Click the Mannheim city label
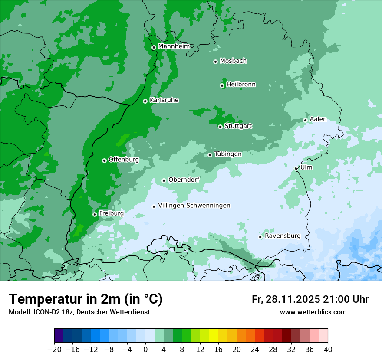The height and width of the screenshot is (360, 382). (174, 46)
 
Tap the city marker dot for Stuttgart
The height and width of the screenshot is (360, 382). (221, 127)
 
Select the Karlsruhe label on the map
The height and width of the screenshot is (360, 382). (164, 100)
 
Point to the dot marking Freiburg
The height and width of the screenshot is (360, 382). (95, 214)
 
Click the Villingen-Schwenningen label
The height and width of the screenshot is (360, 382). (194, 206)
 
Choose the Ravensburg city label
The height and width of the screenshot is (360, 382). (283, 236)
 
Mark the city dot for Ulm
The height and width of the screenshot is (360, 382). (296, 168)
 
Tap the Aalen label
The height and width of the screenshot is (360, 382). (318, 119)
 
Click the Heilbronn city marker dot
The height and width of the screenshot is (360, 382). (222, 85)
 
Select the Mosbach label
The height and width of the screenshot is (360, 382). (233, 61)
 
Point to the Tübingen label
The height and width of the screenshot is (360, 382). (228, 154)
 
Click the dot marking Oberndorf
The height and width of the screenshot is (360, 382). (164, 180)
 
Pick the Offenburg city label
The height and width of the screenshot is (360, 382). (124, 160)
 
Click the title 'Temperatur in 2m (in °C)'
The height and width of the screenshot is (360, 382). (86, 299)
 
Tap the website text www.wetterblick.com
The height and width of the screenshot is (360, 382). (313, 312)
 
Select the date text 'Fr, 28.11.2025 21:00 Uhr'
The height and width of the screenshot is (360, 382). (310, 299)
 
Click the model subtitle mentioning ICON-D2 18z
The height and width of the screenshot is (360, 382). (79, 312)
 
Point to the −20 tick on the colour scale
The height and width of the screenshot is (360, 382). (54, 350)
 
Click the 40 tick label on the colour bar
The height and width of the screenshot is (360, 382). (328, 350)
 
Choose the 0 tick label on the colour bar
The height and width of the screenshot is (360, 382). (145, 350)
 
